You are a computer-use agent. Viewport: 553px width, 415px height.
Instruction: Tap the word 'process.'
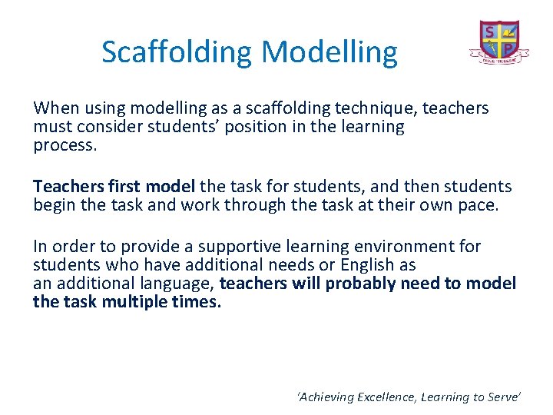click(65, 145)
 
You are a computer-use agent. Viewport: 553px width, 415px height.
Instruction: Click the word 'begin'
click(55, 205)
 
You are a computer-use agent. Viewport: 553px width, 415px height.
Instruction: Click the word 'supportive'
click(236, 247)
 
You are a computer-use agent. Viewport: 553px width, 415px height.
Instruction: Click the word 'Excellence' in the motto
click(392, 397)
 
